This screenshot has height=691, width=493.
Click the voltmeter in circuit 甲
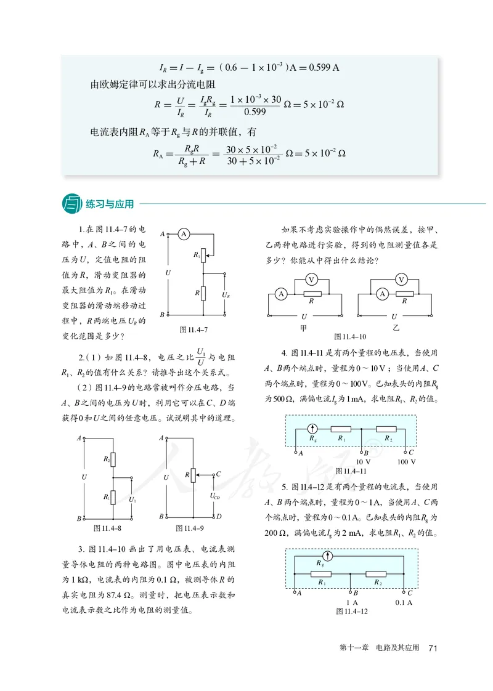tap(312, 280)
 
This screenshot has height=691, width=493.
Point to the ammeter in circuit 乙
tap(383, 294)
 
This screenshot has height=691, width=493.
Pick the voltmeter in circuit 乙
tap(402, 280)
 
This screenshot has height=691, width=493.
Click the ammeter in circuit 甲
tap(282, 294)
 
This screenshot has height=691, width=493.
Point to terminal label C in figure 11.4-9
tap(219, 474)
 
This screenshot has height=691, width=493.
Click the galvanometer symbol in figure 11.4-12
tap(328, 557)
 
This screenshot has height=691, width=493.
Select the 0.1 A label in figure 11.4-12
tap(404, 602)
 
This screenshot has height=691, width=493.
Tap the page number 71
tap(433, 648)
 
